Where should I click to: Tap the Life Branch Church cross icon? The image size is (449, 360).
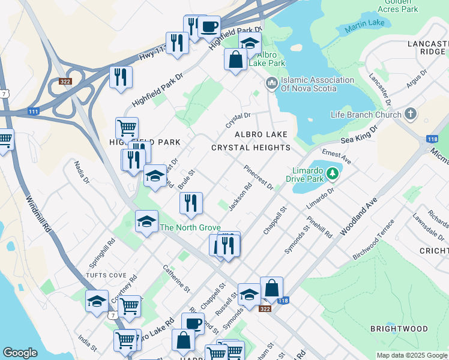pyautogui.click(x=411, y=114)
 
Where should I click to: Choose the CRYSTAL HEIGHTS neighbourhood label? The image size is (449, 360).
pyautogui.click(x=251, y=148)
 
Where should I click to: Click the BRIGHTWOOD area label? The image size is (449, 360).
pyautogui.click(x=399, y=329)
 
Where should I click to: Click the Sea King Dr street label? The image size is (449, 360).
pyautogui.click(x=359, y=134)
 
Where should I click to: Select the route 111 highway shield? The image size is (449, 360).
pyautogui.click(x=34, y=112)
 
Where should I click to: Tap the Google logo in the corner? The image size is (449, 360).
pyautogui.click(x=20, y=352)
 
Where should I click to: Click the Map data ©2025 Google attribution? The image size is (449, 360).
pyautogui.click(x=411, y=355)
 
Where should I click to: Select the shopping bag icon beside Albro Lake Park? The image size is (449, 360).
pyautogui.click(x=235, y=60)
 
